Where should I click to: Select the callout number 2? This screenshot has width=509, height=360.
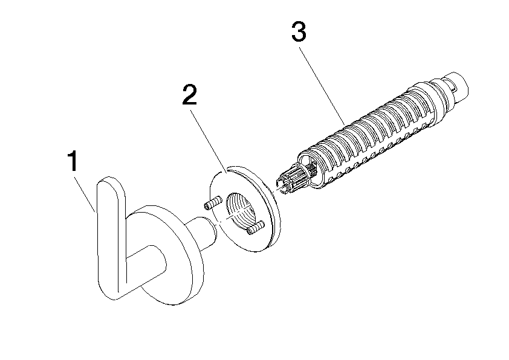[x=190, y=94]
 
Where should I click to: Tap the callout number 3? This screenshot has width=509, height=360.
[x=299, y=31]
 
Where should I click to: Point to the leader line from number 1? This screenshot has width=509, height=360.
[x=85, y=194]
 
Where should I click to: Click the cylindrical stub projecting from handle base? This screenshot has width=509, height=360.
[x=202, y=234]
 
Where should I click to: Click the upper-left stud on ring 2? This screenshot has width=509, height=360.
[x=212, y=203]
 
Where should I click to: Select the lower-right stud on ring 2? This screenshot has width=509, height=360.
[x=255, y=228]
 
